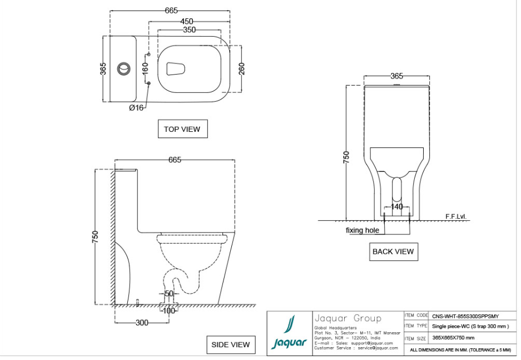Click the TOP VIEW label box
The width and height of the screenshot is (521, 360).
point(182,129)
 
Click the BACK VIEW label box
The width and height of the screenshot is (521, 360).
point(393,251)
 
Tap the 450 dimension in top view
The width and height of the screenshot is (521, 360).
point(186,22)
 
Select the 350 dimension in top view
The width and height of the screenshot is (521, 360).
point(189,30)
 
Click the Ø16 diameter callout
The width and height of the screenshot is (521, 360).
point(136,107)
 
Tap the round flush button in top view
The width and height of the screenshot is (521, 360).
point(123,69)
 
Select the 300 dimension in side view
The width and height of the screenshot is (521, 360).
point(142,323)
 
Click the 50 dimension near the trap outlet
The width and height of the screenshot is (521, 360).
point(169,293)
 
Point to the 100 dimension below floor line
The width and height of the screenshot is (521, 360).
point(168,310)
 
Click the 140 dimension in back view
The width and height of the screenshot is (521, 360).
point(396,206)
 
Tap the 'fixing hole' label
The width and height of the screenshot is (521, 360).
point(362,230)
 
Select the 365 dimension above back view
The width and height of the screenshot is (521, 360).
point(396,76)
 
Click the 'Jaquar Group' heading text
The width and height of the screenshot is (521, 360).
point(348,318)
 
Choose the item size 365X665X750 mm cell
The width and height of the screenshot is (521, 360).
point(453,338)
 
